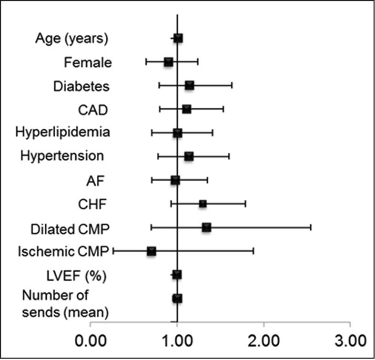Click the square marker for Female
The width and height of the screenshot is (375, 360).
168,62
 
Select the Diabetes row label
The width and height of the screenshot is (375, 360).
81,86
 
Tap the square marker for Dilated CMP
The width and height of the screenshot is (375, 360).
206,227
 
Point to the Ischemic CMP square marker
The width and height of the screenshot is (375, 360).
152,251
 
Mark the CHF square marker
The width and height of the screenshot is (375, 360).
203,204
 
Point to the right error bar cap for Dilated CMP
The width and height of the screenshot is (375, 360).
311,227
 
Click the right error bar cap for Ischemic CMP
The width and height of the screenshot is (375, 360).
253,251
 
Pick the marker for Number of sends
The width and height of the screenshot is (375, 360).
177,298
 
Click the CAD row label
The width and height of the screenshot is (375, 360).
93,110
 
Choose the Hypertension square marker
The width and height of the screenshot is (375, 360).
189,156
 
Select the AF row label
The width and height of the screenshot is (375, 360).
95,180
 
